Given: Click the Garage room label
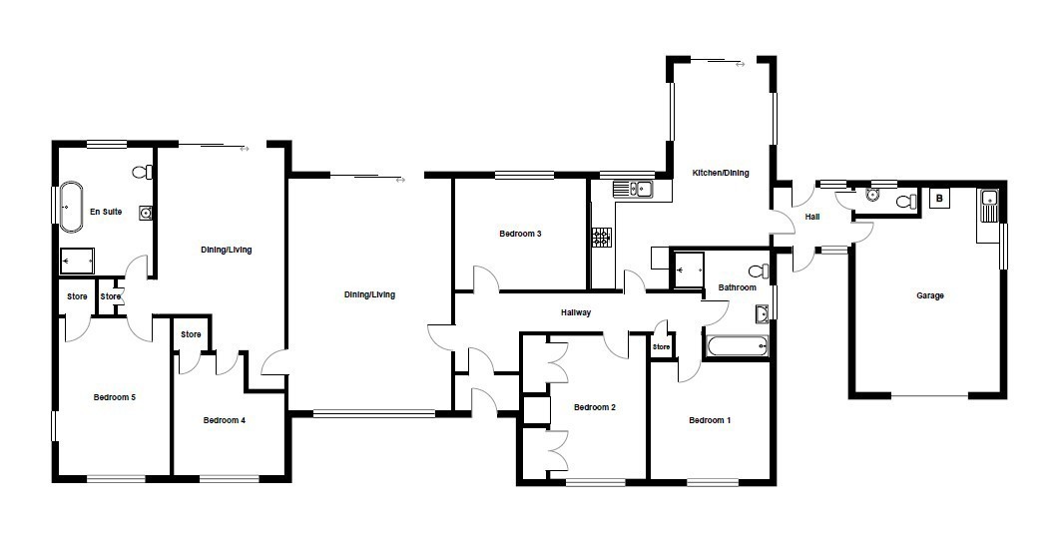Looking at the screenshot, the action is (929, 295).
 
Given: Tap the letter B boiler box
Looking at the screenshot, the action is (939, 199).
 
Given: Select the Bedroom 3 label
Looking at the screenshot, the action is (520, 235).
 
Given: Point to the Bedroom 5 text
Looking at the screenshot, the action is (115, 397).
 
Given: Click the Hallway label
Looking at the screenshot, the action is (576, 312).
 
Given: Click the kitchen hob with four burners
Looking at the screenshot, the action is (601, 237).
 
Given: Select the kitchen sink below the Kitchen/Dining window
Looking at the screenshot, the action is (633, 188).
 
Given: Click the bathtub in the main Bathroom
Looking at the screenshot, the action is (737, 346).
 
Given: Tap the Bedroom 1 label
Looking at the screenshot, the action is (710, 420).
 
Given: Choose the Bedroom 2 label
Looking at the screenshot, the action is (595, 407).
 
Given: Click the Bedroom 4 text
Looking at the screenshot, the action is (224, 420).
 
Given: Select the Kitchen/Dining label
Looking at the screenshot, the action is (720, 173).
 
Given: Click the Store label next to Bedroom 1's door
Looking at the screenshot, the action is (661, 346).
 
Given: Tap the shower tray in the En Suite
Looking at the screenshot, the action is (78, 260).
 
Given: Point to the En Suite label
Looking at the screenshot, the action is (106, 212).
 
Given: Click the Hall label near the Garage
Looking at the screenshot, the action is (812, 218).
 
